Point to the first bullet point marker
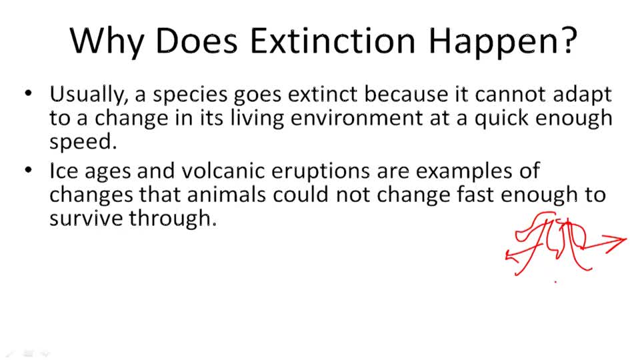28,94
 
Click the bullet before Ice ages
28,171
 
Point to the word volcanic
213,171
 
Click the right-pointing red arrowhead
621,240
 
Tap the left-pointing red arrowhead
510,255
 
